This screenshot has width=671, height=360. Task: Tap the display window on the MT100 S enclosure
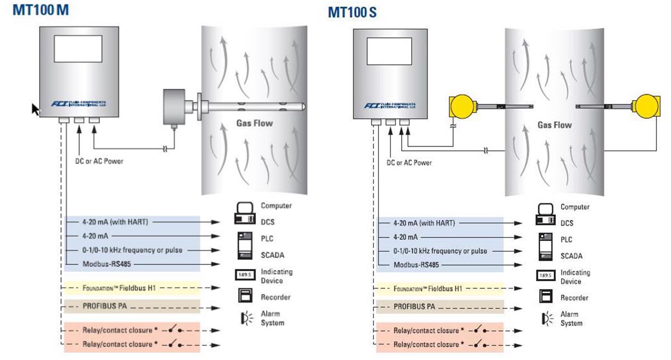pyautogui.click(x=389, y=54)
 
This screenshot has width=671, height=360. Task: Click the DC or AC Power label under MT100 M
pyautogui.click(x=99, y=161)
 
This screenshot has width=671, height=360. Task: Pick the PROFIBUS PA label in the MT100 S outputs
pyautogui.click(x=414, y=307)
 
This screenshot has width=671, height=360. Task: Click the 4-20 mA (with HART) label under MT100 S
pyautogui.click(x=423, y=222)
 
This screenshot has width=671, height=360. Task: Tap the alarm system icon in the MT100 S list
pyautogui.click(x=546, y=319)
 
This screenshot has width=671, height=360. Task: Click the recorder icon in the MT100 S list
pyautogui.click(x=546, y=297)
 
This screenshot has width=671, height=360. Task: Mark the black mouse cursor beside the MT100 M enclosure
pyautogui.click(x=36, y=108)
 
